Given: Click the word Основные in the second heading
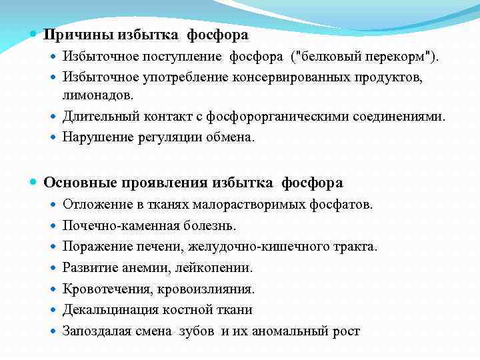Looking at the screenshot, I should point(75,182).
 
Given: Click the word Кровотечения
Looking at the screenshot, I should point(102,289).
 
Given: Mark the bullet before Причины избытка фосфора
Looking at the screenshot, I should point(34,34).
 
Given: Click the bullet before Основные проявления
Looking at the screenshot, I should point(34,182).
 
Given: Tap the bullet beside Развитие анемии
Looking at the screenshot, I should point(53,268).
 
